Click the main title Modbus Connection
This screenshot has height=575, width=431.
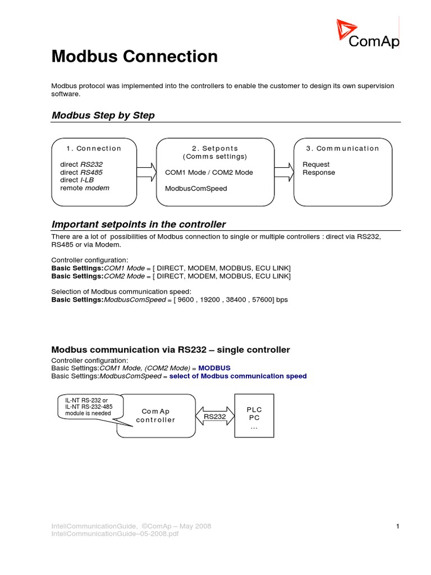point(134,56)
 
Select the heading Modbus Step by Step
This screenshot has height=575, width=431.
point(103,115)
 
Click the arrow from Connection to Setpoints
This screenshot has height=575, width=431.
point(146,172)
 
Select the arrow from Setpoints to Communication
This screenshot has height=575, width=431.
point(285,172)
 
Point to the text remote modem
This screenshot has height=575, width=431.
point(85,188)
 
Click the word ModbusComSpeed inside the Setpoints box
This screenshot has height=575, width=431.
point(196,189)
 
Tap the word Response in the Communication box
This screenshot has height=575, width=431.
point(319,172)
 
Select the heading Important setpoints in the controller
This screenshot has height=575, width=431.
point(138,224)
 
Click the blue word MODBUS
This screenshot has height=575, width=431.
point(214,367)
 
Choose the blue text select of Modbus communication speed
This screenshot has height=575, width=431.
point(238,376)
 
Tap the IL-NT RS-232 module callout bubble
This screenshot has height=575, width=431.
point(87,407)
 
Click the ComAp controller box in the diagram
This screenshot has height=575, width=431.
point(156,416)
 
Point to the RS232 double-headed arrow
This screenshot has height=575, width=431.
point(214,416)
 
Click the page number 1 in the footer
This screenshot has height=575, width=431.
point(397,526)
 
